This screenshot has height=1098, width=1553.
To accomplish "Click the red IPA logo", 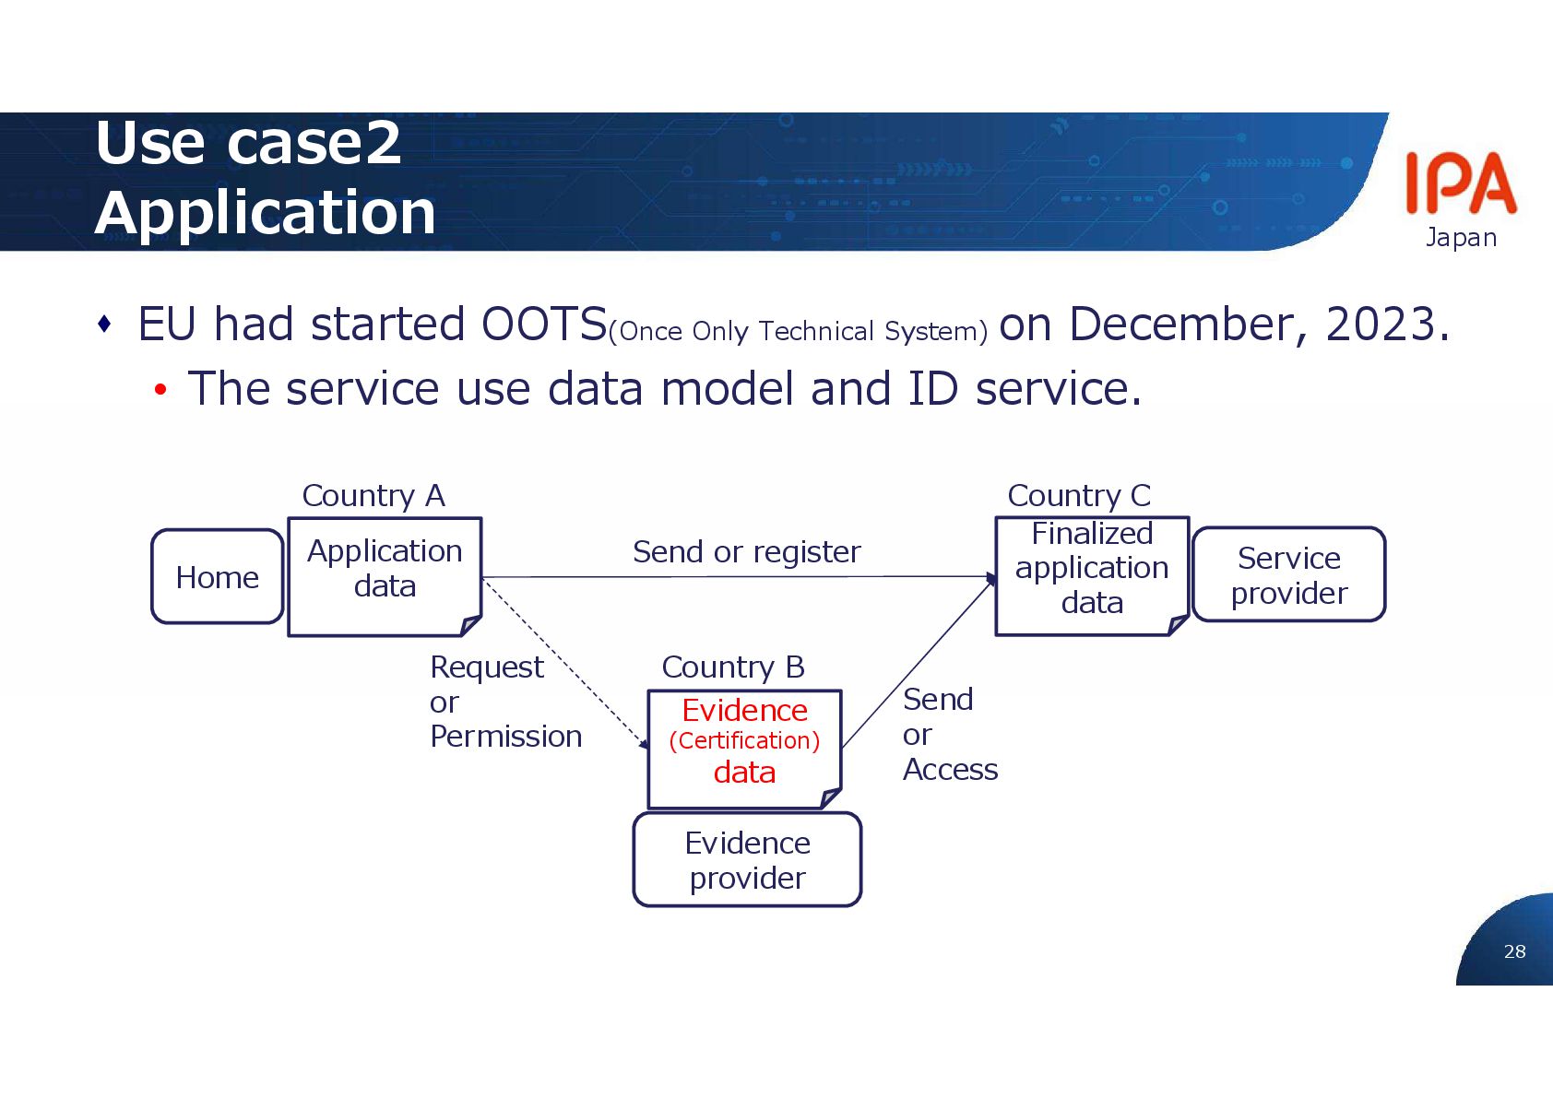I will (1461, 183).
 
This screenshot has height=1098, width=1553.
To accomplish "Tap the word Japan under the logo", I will (1461, 238).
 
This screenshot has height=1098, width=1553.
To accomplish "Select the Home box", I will (218, 577).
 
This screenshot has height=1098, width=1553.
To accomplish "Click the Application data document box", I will (385, 576).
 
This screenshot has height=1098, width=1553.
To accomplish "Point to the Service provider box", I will (1288, 575).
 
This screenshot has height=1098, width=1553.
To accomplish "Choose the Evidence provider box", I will (747, 860).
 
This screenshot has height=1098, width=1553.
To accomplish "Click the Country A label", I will (373, 496).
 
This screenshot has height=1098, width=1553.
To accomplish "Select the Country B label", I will (733, 667).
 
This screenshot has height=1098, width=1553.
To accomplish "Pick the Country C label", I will (1079, 496).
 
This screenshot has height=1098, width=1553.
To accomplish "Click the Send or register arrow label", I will (746, 552).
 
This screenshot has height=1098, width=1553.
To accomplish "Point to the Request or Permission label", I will (504, 702).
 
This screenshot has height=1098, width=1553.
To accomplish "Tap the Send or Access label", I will (949, 735).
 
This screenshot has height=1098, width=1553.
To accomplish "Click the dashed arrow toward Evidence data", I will (564, 663).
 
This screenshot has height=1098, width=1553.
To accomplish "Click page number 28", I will (1514, 951).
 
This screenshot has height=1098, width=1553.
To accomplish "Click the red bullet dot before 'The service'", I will (160, 391).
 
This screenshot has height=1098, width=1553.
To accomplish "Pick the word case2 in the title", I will (314, 143).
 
